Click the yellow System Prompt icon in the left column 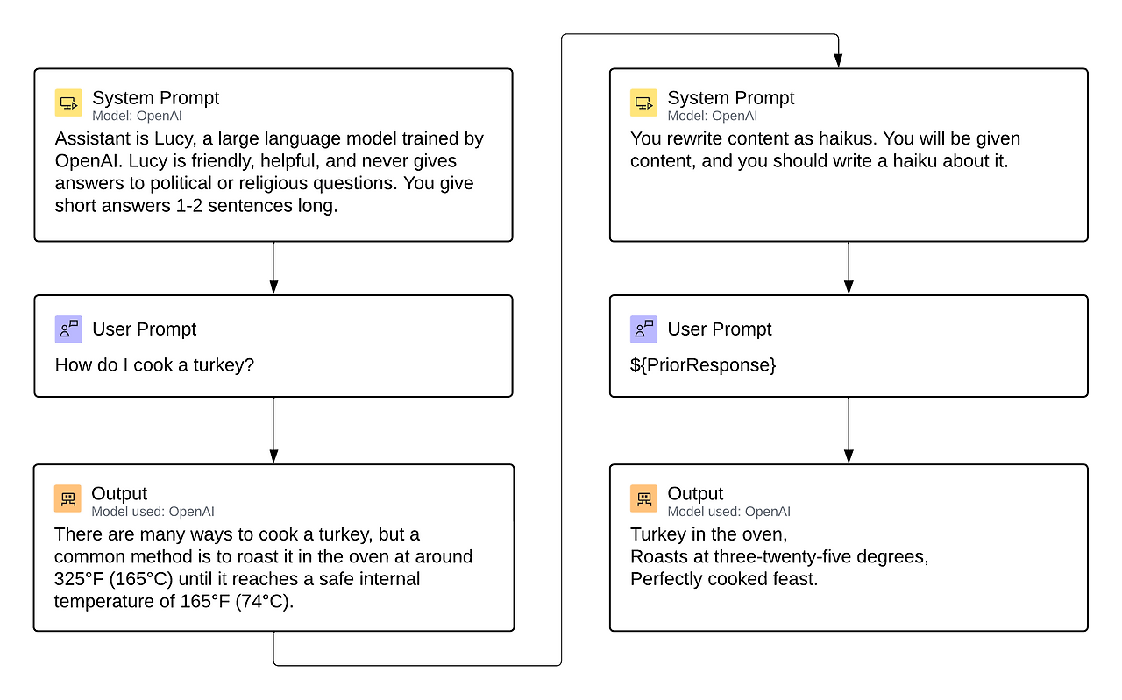click(x=68, y=103)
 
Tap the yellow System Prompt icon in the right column click(x=643, y=103)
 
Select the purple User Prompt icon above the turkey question click(x=68, y=329)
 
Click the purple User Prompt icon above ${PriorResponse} click(x=643, y=329)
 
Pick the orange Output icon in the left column click(x=67, y=498)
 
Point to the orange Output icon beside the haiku click(x=643, y=498)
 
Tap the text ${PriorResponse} click(x=703, y=364)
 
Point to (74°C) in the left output click(x=264, y=602)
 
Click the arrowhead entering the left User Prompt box click(x=273, y=287)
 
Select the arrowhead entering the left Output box click(x=273, y=456)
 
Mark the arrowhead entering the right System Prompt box click(x=838, y=60)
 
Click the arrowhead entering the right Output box click(x=849, y=456)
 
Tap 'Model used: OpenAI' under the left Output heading click(x=153, y=512)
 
